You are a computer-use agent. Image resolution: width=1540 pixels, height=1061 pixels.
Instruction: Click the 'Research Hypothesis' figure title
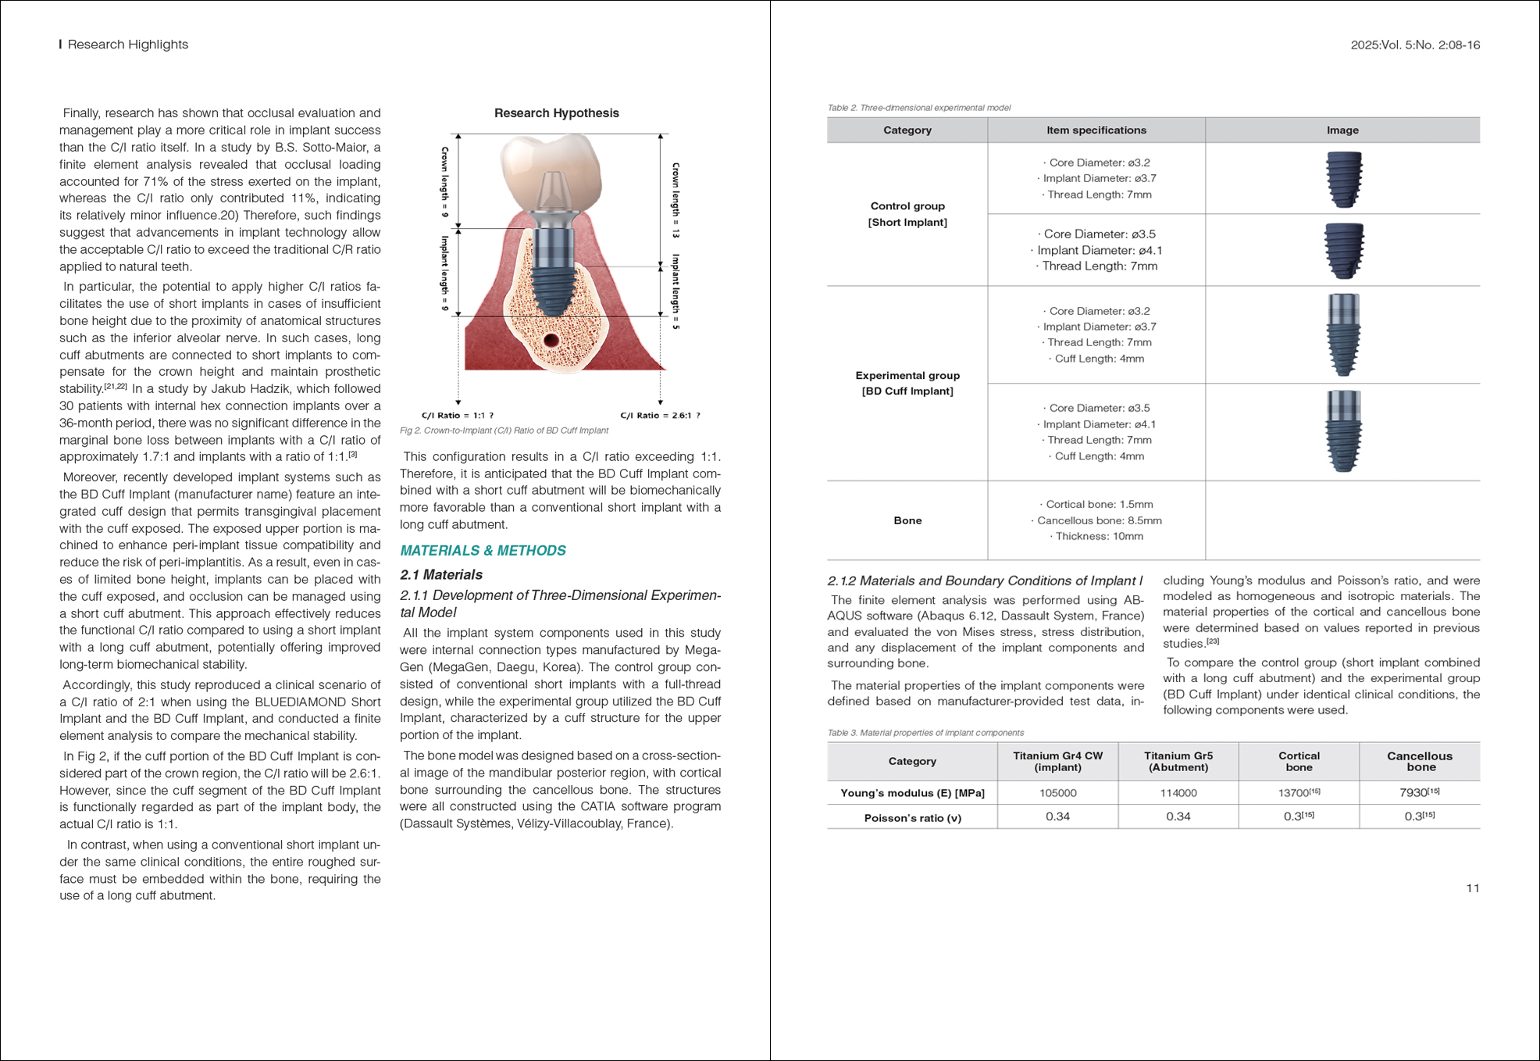point(556,113)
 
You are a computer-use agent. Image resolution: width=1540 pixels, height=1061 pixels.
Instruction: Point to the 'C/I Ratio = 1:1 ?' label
point(458,416)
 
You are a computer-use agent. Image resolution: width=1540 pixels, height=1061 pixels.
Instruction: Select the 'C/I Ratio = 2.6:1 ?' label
point(660,416)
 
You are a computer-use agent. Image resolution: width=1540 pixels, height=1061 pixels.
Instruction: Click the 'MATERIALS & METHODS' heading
point(483,551)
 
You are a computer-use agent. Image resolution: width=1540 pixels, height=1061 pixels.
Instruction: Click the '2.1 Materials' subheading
point(441,575)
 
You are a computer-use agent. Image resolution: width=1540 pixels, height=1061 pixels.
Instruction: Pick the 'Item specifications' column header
point(1096,130)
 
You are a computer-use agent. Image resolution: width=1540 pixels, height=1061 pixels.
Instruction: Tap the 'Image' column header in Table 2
point(1342,130)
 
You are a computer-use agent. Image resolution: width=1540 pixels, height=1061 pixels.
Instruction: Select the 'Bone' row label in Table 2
point(907,520)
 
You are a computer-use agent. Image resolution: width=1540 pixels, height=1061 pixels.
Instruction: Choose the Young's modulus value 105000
point(1057,793)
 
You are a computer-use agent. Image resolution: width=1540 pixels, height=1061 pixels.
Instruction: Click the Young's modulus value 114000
point(1178,793)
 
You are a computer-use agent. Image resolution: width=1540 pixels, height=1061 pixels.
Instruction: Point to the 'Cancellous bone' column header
point(1419,761)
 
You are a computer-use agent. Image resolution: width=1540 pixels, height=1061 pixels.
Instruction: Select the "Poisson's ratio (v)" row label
point(912,818)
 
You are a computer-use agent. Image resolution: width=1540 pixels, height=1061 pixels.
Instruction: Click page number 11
point(1472,888)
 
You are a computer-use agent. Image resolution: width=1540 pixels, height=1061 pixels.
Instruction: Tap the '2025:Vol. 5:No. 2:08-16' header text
point(1414,45)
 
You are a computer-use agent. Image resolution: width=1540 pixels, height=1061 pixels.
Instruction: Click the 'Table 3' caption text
point(925,733)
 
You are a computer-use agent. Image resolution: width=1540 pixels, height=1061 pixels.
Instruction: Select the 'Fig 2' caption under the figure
point(504,430)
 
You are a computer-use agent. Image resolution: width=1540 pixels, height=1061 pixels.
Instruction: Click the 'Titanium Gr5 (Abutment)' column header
point(1178,761)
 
